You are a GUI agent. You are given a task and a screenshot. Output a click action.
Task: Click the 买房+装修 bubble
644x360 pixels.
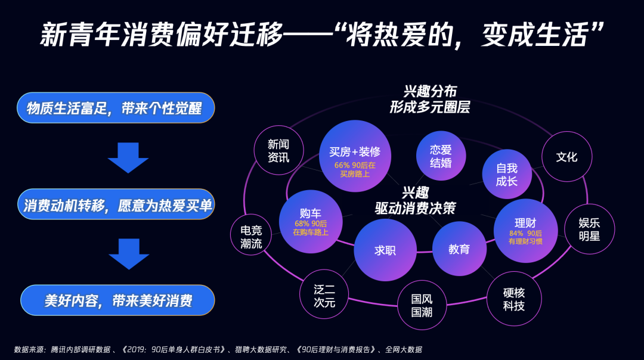(x=355, y=156)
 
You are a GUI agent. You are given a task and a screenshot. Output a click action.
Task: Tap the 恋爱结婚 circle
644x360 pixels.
(x=441, y=156)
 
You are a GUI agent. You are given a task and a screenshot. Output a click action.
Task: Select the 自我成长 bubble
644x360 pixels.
(x=507, y=174)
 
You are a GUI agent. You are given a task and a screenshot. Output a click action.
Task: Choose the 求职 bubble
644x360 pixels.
(x=385, y=250)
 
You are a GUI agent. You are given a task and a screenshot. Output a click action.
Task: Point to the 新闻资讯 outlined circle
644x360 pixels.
(x=278, y=150)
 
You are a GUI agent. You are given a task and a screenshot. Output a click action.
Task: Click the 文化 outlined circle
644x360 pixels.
(x=566, y=157)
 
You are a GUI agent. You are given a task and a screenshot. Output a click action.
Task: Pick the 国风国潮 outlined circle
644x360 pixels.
(x=422, y=305)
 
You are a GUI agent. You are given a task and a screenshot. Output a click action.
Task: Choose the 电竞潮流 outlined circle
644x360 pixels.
(x=251, y=236)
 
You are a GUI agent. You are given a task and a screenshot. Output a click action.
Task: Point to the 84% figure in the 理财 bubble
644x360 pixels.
(x=516, y=233)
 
